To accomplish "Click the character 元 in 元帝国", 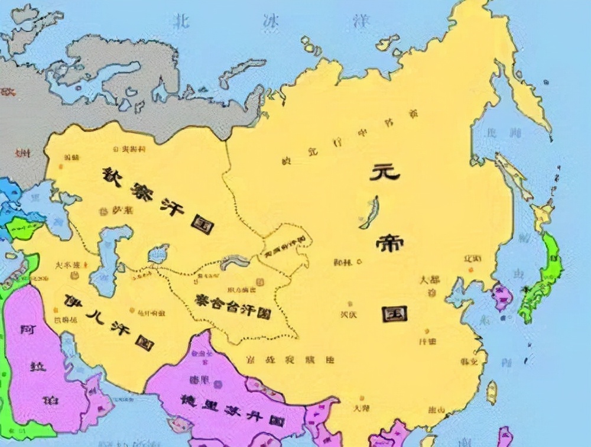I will coord(385,172).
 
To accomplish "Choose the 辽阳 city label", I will coord(473,259).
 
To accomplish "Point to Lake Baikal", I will coord(369,212).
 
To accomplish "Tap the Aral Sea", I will coord(158,254).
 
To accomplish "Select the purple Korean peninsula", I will coord(502,296).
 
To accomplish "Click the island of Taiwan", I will coord(491,392).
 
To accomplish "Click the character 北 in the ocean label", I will coord(180,22).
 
